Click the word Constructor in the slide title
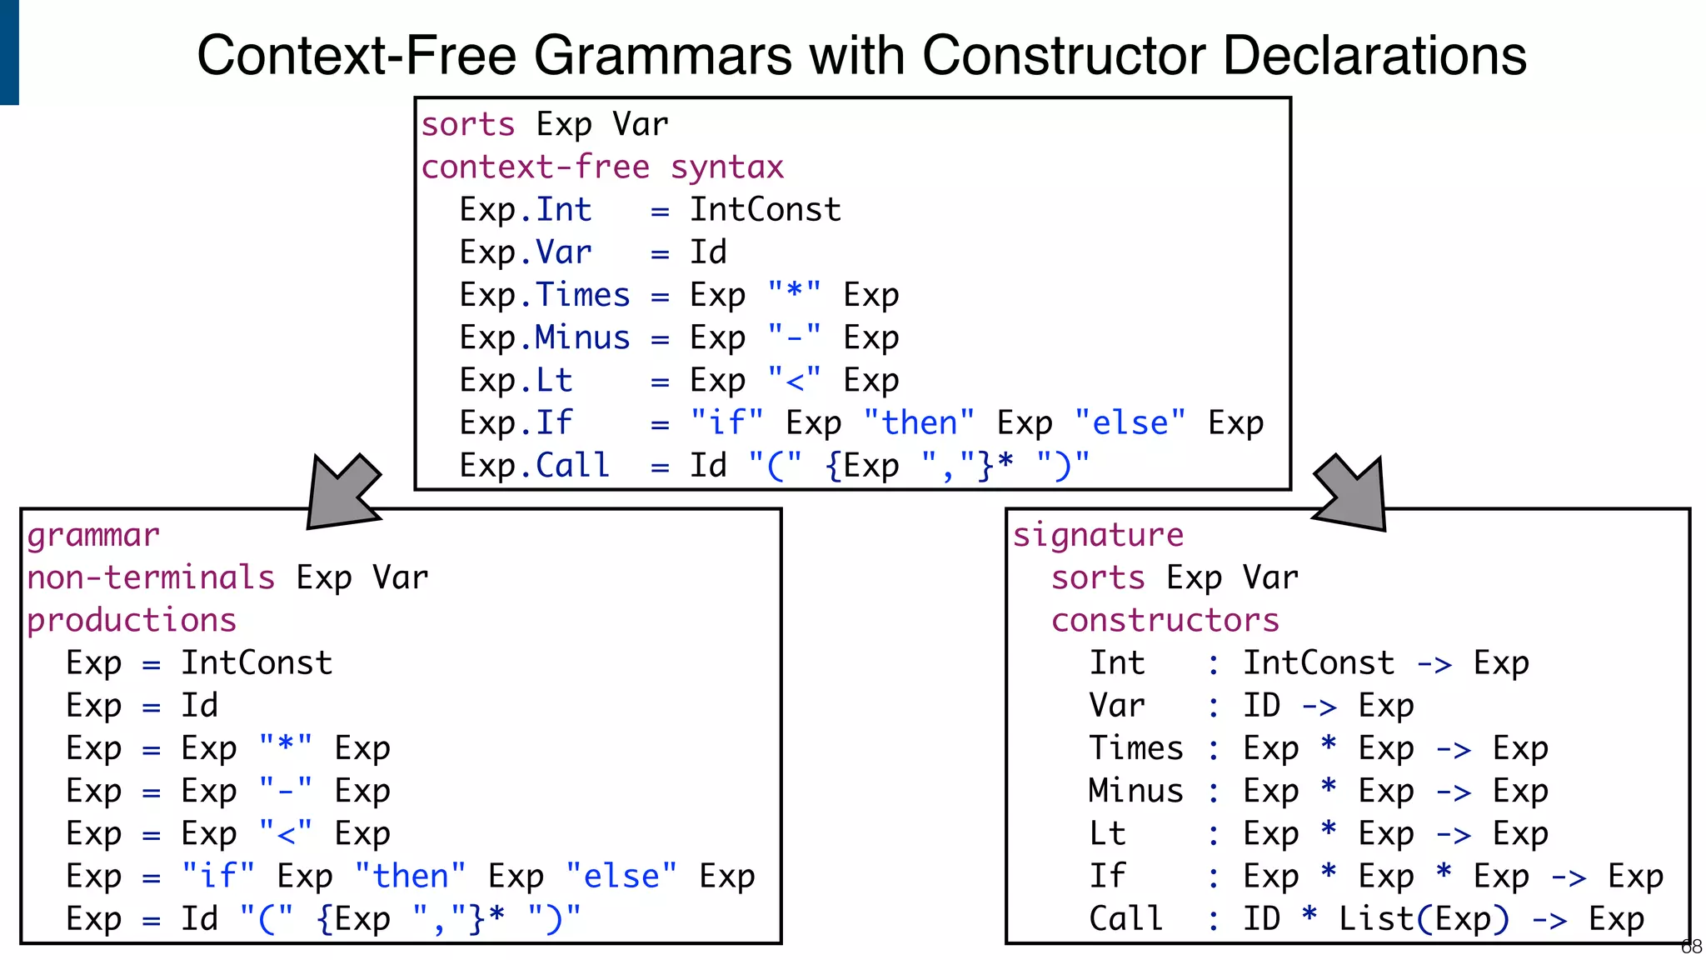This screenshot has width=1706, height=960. tap(1064, 56)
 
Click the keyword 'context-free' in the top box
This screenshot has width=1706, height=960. tap(535, 167)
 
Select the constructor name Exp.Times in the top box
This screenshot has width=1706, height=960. tap(546, 295)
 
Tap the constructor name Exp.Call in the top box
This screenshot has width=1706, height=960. tap(536, 466)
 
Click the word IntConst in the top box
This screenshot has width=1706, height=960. tap(766, 210)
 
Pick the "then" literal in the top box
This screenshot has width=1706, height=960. tap(919, 423)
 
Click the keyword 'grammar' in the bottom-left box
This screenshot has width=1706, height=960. tap(92, 536)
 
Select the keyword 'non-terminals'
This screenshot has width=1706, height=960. tap(151, 577)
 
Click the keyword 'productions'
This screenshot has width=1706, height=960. tap(132, 621)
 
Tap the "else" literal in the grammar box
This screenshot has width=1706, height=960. tap(621, 877)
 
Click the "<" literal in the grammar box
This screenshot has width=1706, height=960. tap(286, 834)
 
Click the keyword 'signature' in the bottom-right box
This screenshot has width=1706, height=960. tap(1098, 535)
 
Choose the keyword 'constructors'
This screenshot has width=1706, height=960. tap(1165, 621)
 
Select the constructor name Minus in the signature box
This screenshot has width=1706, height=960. tap(1135, 791)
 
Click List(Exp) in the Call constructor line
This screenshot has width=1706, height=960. tap(1424, 919)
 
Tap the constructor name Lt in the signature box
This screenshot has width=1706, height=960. tap(1107, 834)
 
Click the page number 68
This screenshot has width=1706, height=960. tap(1691, 947)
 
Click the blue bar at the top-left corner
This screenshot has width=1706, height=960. tap(9, 52)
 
